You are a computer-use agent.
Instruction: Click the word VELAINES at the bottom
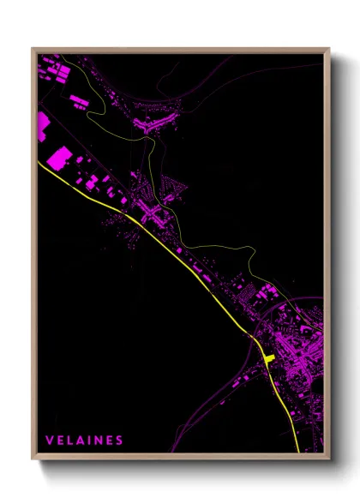click(85, 441)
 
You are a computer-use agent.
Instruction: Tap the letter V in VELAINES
click(50, 441)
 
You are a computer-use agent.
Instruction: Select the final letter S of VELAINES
click(120, 441)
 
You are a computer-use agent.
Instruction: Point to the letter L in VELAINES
click(70, 441)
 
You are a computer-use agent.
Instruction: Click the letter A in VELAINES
click(81, 441)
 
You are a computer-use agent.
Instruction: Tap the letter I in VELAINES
click(90, 441)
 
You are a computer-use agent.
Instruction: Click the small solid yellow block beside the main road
click(268, 357)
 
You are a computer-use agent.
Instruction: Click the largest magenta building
click(60, 159)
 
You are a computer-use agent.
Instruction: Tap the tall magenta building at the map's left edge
click(43, 126)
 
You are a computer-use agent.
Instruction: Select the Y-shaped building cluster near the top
click(154, 125)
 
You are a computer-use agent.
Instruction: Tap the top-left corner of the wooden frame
click(33, 50)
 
